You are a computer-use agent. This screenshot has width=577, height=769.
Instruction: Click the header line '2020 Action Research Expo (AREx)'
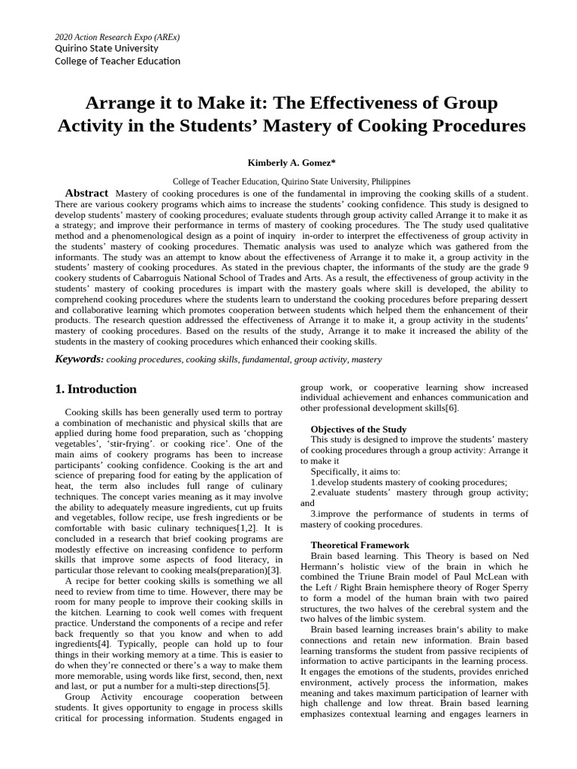click(x=117, y=37)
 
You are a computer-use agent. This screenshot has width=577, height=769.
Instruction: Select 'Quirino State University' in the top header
click(x=107, y=49)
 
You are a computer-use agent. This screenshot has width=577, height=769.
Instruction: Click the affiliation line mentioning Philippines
click(x=292, y=181)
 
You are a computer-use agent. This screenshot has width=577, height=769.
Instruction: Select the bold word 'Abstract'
click(x=86, y=193)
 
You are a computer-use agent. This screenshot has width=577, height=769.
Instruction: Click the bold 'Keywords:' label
click(x=79, y=359)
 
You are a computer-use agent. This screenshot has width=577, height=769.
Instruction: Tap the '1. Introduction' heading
click(x=96, y=389)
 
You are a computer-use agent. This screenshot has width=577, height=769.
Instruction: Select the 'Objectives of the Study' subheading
click(x=358, y=429)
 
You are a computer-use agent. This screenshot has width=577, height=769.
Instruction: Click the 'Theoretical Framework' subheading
click(x=360, y=544)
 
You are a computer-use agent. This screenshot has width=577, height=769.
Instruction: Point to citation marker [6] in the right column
click(x=451, y=408)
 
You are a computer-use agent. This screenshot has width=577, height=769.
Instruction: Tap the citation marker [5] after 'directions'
click(x=262, y=686)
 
